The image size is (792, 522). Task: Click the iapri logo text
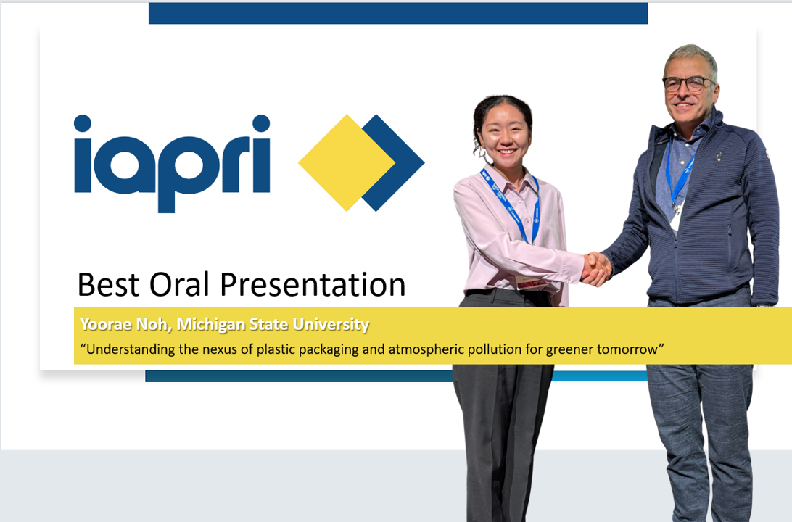(x=172, y=163)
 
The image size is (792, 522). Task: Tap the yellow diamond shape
(x=347, y=162)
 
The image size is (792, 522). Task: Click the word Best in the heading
(x=108, y=285)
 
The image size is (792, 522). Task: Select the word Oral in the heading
(x=179, y=284)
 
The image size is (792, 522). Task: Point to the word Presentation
(x=313, y=285)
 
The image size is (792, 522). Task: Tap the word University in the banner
(x=331, y=325)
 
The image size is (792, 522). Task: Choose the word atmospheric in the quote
(x=426, y=349)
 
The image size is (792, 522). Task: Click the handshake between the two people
(x=596, y=268)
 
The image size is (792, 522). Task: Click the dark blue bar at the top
(x=398, y=13)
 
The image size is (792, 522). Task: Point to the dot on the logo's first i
(x=83, y=123)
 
